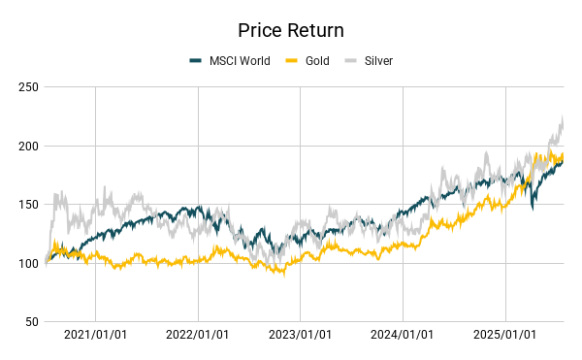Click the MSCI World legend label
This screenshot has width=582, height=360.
(x=240, y=61)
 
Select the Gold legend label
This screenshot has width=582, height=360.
(x=316, y=61)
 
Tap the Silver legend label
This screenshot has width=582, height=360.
(x=378, y=61)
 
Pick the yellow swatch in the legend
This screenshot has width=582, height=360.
(x=289, y=61)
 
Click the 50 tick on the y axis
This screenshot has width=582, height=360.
(x=30, y=321)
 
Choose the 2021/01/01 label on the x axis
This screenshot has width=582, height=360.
(x=95, y=335)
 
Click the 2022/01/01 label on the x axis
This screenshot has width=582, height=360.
(x=198, y=335)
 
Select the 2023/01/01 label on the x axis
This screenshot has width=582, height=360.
(x=300, y=335)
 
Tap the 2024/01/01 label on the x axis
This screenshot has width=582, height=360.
(x=403, y=335)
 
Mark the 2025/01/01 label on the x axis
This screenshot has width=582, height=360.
(x=504, y=335)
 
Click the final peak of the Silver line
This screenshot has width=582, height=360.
(x=563, y=117)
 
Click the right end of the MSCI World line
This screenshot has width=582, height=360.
(x=563, y=160)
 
